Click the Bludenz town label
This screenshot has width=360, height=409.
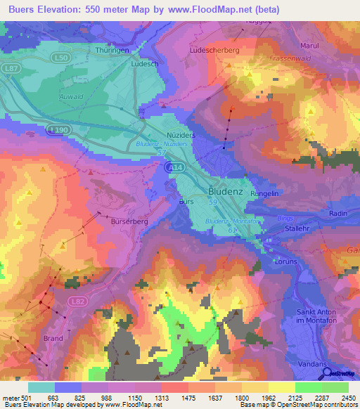click(x=226, y=190)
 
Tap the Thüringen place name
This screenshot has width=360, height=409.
click(x=113, y=51)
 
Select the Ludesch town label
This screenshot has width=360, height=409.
click(x=144, y=63)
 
